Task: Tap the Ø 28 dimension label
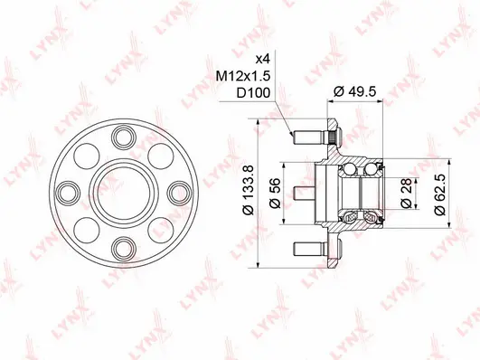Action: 409,191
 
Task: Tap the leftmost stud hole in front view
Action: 68,191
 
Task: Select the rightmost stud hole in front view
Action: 178,191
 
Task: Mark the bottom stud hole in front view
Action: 123,246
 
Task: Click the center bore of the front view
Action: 123,191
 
